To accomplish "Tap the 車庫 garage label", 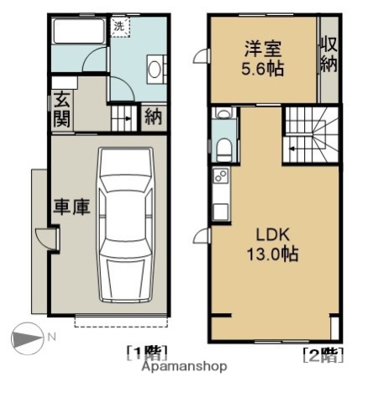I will click(71, 206).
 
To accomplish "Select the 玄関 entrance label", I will click(62, 110).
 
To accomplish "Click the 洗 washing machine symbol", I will click(119, 26).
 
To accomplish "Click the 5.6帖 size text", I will click(260, 69).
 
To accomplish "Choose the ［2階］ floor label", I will click(323, 354).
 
